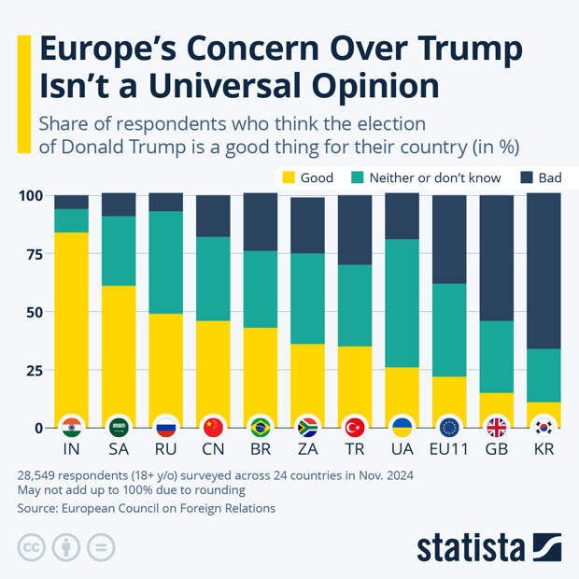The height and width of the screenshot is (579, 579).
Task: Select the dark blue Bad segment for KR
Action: pos(544,271)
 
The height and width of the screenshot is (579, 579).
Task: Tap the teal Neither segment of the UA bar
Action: pos(402,304)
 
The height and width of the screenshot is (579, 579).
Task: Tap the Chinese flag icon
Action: pos(213,428)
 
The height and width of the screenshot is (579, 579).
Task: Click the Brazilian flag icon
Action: pos(261,428)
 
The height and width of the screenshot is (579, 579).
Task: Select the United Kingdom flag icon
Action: pos(497,428)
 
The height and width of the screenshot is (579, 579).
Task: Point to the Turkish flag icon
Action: pos(355,428)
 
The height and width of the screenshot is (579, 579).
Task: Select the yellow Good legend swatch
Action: pos(289,177)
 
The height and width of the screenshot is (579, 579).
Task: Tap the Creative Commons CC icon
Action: pos(32,547)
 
